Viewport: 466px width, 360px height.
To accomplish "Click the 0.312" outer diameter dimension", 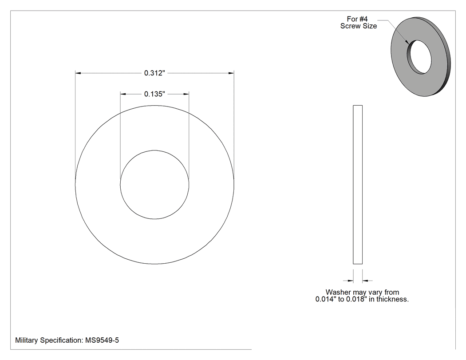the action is point(154,73).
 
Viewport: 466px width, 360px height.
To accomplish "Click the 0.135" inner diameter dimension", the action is point(154,94).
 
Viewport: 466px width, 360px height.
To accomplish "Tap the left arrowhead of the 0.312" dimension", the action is point(78,73).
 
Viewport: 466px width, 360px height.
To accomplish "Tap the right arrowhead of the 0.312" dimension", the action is point(231,73).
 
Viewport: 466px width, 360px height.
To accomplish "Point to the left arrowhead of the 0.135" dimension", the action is point(123,94).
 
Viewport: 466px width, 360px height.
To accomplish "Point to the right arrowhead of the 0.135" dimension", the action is point(186,94).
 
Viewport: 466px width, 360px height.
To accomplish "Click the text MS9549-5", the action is point(102,340).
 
